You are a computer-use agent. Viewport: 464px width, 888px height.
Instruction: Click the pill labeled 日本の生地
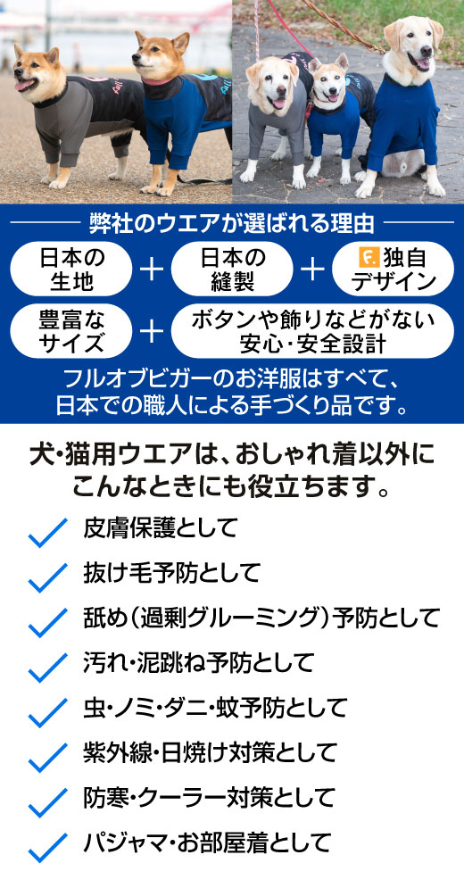[70, 269]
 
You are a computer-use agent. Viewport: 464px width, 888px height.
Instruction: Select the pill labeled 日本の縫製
[232, 269]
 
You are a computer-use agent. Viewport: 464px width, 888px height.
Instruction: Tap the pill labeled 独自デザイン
[393, 269]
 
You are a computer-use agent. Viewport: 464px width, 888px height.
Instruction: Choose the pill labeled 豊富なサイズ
[70, 331]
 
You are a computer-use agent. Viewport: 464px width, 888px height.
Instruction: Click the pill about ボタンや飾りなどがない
[312, 331]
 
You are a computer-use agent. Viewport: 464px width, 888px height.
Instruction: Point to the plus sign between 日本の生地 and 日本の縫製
[152, 270]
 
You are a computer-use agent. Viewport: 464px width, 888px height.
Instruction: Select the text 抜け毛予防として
[171, 573]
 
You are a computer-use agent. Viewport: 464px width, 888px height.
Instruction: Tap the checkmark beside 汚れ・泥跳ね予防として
[47, 668]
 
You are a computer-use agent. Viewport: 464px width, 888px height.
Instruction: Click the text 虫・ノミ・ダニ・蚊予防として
[214, 708]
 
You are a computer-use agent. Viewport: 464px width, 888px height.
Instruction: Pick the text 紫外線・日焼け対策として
[210, 752]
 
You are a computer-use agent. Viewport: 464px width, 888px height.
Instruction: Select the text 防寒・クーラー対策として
[209, 798]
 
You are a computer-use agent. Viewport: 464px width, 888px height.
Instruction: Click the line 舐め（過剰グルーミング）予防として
[261, 618]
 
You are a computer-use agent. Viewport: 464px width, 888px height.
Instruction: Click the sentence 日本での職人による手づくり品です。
[232, 406]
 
